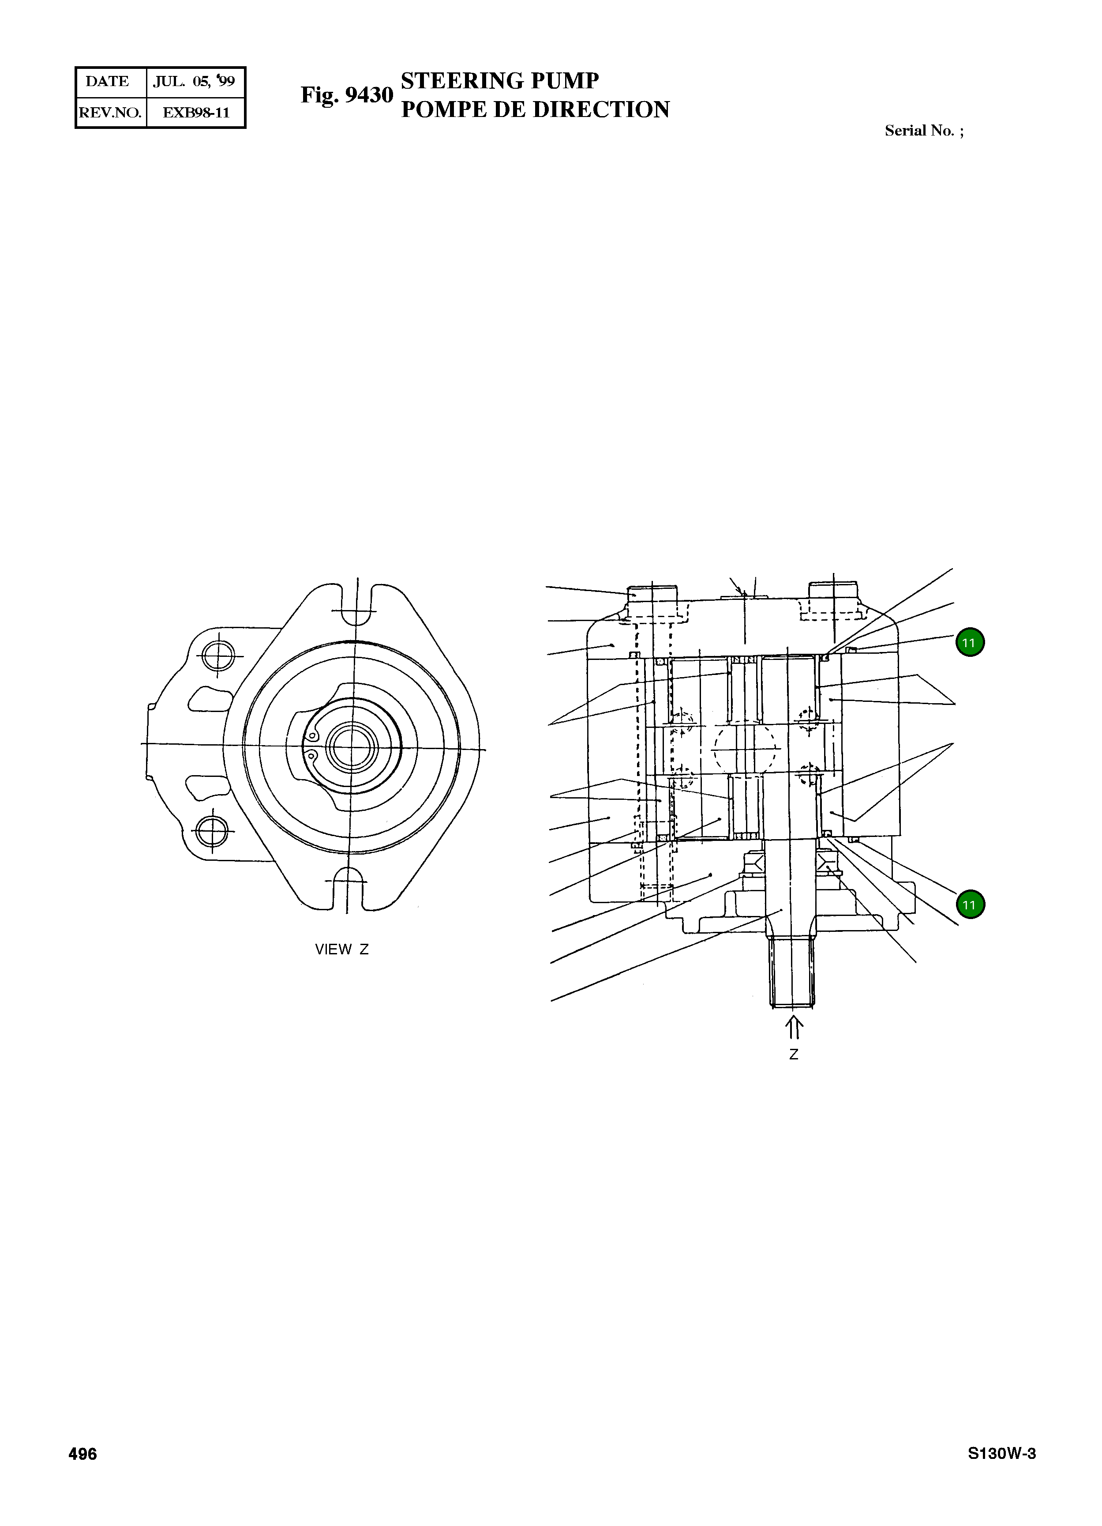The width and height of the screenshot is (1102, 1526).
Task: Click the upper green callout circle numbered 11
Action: click(x=970, y=643)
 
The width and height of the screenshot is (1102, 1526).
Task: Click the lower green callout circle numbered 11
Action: click(x=970, y=905)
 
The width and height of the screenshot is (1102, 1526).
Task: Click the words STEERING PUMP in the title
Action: click(x=499, y=81)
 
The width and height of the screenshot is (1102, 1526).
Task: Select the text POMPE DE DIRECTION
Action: click(x=535, y=109)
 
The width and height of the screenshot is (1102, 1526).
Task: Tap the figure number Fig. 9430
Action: click(x=346, y=95)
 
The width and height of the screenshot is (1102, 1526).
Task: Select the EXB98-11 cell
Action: click(x=196, y=113)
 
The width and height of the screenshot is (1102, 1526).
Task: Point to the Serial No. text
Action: click(x=923, y=131)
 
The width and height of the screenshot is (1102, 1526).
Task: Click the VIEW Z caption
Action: click(x=341, y=950)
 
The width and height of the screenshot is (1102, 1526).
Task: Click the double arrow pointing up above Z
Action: click(x=793, y=1028)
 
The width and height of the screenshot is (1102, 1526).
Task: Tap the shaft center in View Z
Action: click(x=350, y=746)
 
